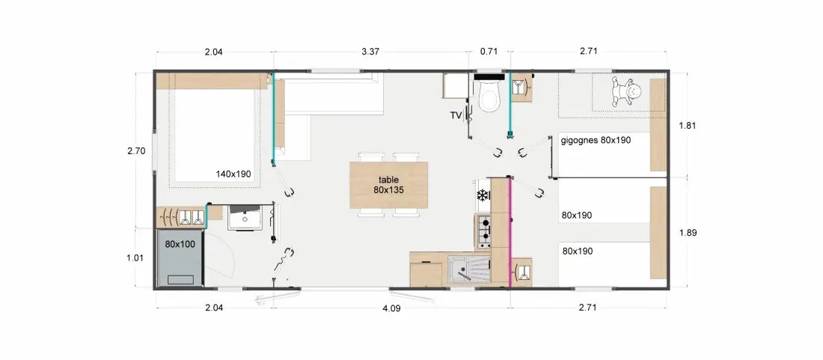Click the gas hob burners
(484, 231)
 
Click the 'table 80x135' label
(388, 185)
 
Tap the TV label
(455, 115)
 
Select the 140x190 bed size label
(233, 174)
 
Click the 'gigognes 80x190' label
(596, 140)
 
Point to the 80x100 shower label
(180, 244)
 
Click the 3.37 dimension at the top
(370, 52)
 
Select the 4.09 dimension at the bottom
(391, 308)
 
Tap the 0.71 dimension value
(488, 52)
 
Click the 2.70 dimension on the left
(136, 151)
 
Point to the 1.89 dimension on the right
(688, 233)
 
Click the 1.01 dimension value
(136, 257)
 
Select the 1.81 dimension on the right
(688, 126)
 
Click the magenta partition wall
(509, 233)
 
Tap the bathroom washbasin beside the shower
(245, 218)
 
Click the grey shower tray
(180, 259)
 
